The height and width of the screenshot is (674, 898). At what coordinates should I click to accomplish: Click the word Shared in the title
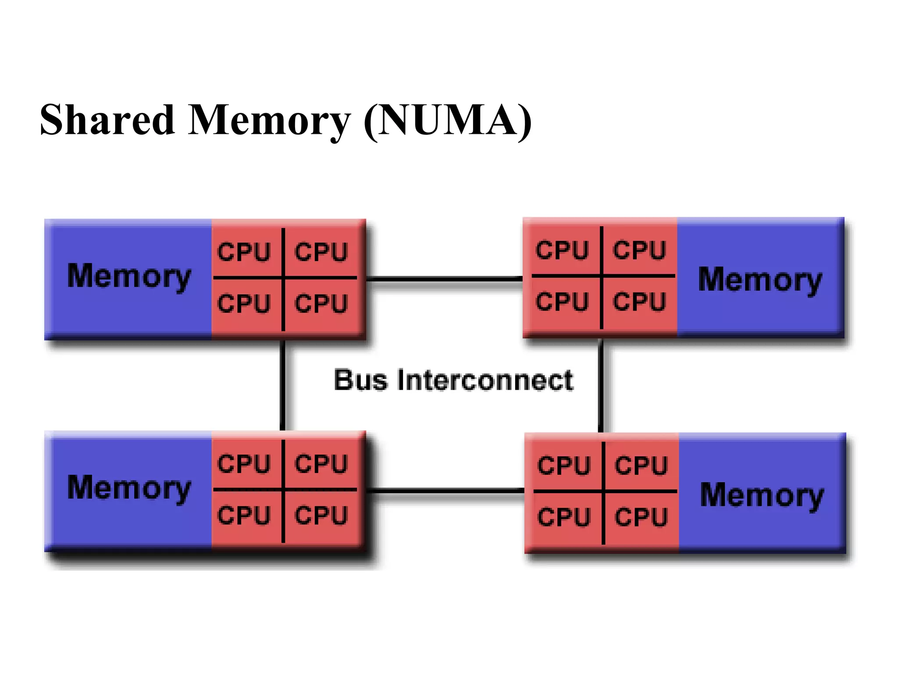tap(107, 119)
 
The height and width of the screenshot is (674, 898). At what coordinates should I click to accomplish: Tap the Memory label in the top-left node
tap(129, 276)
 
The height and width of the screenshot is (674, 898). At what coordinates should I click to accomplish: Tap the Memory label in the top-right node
tap(760, 280)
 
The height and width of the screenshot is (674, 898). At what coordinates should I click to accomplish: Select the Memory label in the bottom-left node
tap(129, 488)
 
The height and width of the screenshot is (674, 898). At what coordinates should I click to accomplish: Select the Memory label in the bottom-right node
tap(762, 495)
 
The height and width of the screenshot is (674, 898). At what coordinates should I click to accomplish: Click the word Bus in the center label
tap(360, 380)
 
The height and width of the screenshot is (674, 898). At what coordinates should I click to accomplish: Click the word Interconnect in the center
tap(485, 380)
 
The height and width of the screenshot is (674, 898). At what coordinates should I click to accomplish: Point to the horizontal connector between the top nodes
tap(444, 279)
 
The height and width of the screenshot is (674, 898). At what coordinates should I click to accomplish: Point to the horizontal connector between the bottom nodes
tap(445, 491)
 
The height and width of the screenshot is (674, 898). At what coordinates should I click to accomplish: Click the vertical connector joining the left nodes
tap(283, 385)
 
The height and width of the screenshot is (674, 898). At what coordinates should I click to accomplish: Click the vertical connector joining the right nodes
tap(601, 385)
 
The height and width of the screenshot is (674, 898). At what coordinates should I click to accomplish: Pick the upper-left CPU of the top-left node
tap(244, 252)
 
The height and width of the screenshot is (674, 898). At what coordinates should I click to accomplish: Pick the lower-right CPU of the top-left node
tap(321, 304)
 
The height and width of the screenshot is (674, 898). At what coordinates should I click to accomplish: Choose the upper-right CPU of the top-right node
tap(639, 250)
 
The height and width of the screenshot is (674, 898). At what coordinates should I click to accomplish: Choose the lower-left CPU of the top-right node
tap(562, 302)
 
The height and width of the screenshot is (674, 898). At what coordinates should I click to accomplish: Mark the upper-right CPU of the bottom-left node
tap(321, 464)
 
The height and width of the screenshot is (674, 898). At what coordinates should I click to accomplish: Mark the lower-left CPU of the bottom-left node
tap(244, 515)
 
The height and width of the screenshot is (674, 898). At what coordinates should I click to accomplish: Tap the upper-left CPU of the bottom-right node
tap(563, 466)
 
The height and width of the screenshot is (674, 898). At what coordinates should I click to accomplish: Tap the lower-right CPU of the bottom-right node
tap(641, 517)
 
